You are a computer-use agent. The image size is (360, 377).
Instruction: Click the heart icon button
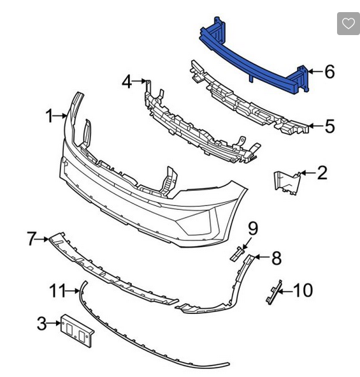pos(348,24)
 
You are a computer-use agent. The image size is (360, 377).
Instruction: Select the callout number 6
pos(329,71)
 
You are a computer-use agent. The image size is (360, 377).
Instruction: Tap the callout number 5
pos(329,126)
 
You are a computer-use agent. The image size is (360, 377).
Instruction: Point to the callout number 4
pos(127,82)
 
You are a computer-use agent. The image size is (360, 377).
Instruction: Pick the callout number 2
pos(322,172)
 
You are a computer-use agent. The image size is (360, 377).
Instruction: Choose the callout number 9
pos(253,228)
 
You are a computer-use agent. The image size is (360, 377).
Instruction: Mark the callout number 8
pos(276,258)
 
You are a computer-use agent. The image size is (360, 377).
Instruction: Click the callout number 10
pos(303,291)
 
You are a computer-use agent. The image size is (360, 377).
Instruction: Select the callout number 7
pos(32,239)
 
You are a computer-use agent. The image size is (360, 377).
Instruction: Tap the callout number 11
pos(57,291)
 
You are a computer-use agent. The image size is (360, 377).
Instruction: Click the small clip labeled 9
pos(236,255)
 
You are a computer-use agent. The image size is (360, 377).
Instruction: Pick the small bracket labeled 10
pos(273,293)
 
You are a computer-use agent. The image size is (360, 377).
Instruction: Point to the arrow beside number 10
pos(285,291)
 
